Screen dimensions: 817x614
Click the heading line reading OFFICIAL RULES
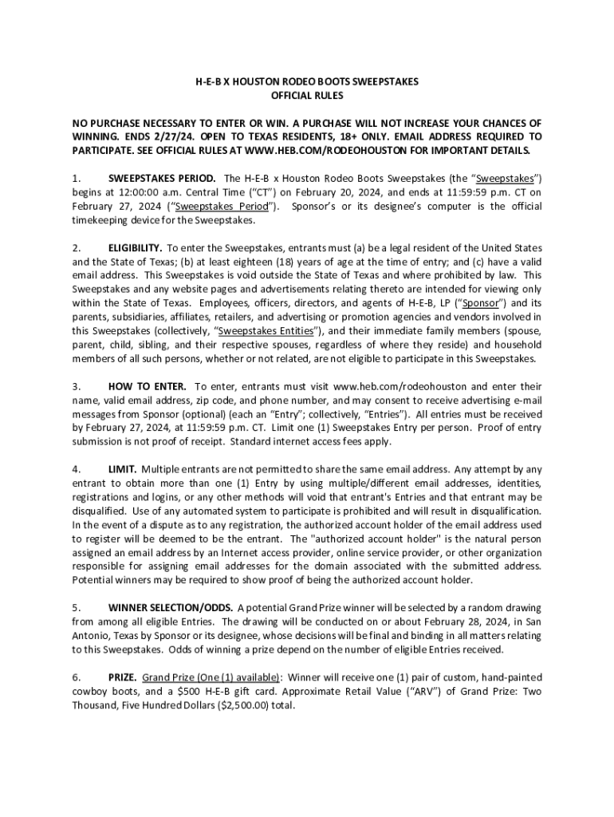pyautogui.click(x=307, y=96)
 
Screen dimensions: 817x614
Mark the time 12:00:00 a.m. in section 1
pyautogui.click(x=144, y=192)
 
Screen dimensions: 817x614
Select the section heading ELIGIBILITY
pyautogui.click(x=136, y=248)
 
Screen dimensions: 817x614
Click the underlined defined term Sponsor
pyautogui.click(x=481, y=303)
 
